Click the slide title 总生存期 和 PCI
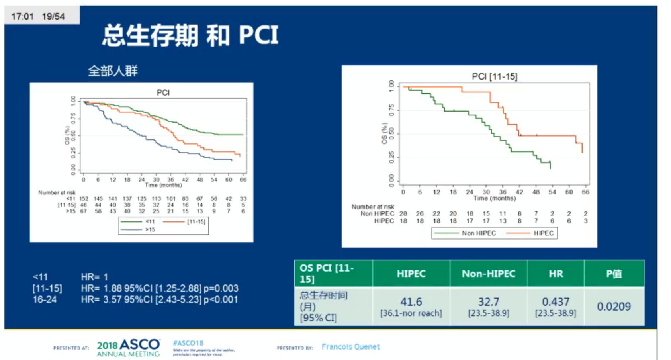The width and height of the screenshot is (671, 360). point(190,35)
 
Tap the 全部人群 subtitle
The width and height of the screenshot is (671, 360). point(113,71)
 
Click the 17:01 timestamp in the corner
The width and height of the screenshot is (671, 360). point(22,16)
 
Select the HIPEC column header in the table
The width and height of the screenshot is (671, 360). point(411,274)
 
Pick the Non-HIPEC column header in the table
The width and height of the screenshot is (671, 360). point(488,274)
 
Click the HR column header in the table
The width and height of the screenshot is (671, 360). point(556,274)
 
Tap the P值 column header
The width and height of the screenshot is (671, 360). point(614,274)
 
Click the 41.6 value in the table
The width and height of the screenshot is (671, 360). point(411,302)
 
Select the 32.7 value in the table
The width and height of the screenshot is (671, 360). point(488,302)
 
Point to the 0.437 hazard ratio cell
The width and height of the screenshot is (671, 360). point(556,302)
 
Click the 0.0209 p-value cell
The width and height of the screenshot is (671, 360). point(614,306)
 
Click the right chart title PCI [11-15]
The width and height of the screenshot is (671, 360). point(494,76)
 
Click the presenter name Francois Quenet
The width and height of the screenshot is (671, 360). point(350,347)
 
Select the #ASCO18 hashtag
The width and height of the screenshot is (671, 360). point(188,343)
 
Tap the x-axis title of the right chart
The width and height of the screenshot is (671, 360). point(494,198)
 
